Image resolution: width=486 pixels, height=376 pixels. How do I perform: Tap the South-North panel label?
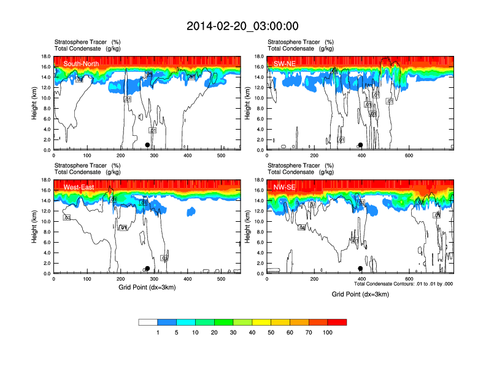pyautogui.click(x=82, y=63)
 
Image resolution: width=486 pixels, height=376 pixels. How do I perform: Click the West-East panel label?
pyautogui.click(x=79, y=187)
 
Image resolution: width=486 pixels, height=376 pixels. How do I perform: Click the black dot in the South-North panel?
pyautogui.click(x=147, y=145)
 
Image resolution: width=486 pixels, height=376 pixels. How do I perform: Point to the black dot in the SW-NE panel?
pyautogui.click(x=361, y=145)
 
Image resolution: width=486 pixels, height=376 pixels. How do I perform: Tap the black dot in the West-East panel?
pyautogui.click(x=147, y=268)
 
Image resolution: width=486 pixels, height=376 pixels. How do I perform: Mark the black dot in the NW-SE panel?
pyautogui.click(x=361, y=268)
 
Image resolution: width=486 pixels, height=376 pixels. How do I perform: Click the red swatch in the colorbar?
pyautogui.click(x=337, y=322)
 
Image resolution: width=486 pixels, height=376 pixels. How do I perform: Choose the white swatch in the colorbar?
pyautogui.click(x=148, y=322)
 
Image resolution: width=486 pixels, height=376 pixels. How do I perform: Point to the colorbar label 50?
pyautogui.click(x=271, y=332)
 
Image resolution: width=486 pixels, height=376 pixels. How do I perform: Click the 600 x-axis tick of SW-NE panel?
pyautogui.click(x=408, y=157)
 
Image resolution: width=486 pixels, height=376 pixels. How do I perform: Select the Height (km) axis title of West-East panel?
pyautogui.click(x=34, y=227)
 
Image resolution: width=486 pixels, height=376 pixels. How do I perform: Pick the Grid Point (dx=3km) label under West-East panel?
pyautogui.click(x=147, y=287)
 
